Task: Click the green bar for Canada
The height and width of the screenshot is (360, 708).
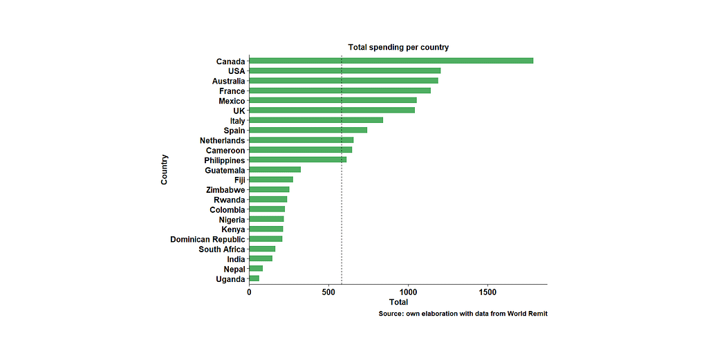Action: (x=391, y=61)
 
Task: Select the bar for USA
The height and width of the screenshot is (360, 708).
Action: (x=344, y=70)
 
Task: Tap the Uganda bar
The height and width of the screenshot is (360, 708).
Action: (x=254, y=278)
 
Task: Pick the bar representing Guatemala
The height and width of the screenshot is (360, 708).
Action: (x=274, y=169)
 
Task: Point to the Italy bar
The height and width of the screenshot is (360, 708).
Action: (x=315, y=120)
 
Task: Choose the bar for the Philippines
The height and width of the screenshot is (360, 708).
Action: (x=297, y=160)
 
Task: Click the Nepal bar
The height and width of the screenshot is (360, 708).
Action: (x=256, y=268)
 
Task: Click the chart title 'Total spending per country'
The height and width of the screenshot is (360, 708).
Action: (x=398, y=47)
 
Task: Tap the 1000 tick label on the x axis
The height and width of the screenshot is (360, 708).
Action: (x=408, y=292)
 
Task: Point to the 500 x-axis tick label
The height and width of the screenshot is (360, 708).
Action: (x=328, y=292)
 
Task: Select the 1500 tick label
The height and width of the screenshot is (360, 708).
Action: (x=487, y=292)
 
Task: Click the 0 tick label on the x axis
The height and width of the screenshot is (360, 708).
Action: (x=249, y=292)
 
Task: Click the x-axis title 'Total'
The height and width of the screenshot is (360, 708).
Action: (x=398, y=303)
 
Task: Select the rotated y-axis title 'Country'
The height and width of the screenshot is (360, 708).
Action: (x=165, y=169)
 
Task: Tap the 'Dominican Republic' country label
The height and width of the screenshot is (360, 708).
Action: (x=207, y=239)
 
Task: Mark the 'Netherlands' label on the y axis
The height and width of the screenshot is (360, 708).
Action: (x=222, y=140)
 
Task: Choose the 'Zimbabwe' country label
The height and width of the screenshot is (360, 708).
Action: (x=225, y=189)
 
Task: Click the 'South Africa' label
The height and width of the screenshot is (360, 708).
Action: (x=221, y=249)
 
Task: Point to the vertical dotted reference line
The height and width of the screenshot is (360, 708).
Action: (x=342, y=221)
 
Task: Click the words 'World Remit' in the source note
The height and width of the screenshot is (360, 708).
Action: (x=527, y=314)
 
